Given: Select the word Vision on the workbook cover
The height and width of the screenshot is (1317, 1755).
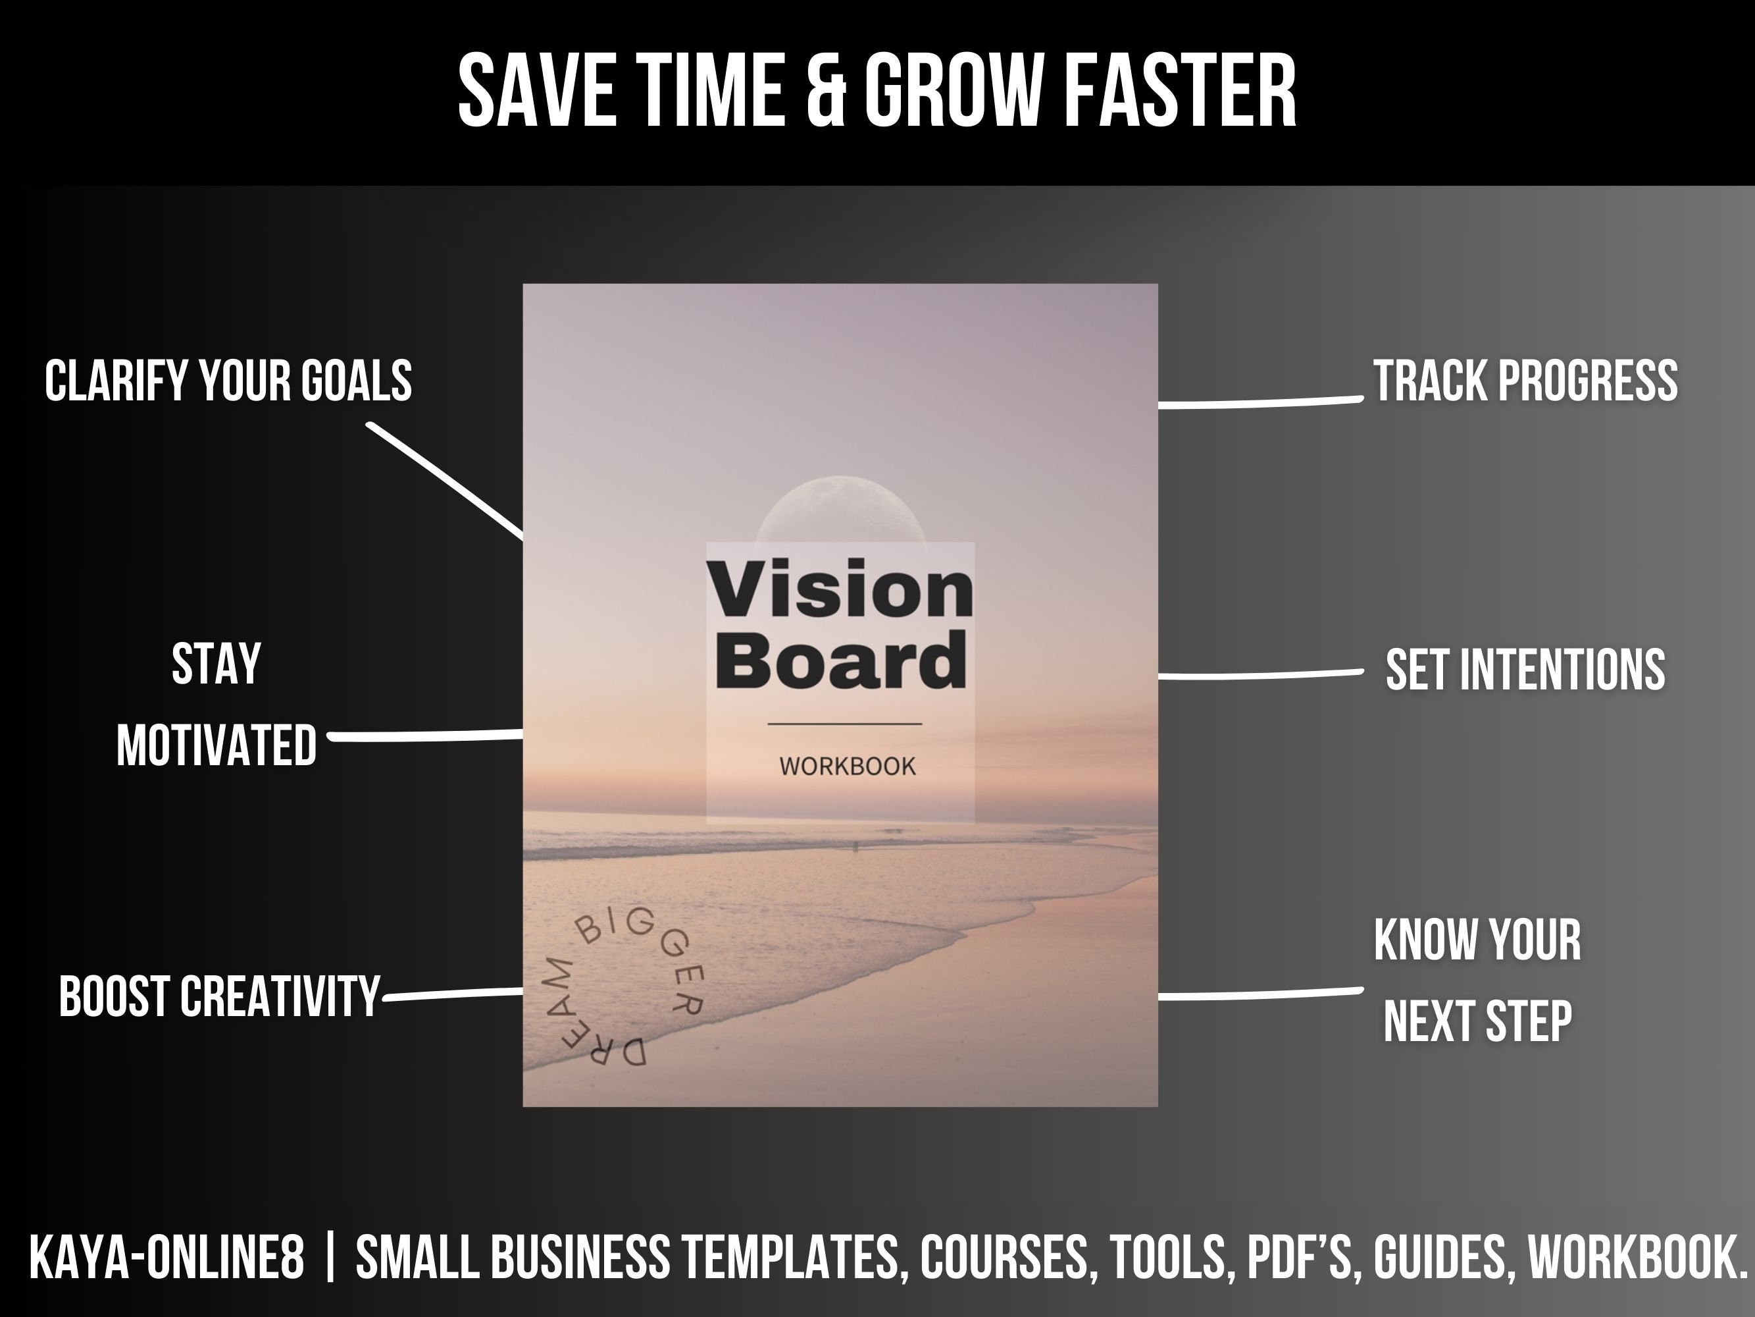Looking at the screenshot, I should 840,589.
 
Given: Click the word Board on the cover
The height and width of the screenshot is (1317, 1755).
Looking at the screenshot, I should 841,661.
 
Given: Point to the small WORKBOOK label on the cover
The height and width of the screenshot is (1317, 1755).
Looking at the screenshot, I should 848,766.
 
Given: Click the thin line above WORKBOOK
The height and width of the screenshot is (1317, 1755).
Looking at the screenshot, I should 844,724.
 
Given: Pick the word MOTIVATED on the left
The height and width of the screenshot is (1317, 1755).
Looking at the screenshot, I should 216,745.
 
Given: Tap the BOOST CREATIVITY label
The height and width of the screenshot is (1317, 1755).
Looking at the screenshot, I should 220,996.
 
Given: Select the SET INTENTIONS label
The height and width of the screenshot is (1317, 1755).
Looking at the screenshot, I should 1525,669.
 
